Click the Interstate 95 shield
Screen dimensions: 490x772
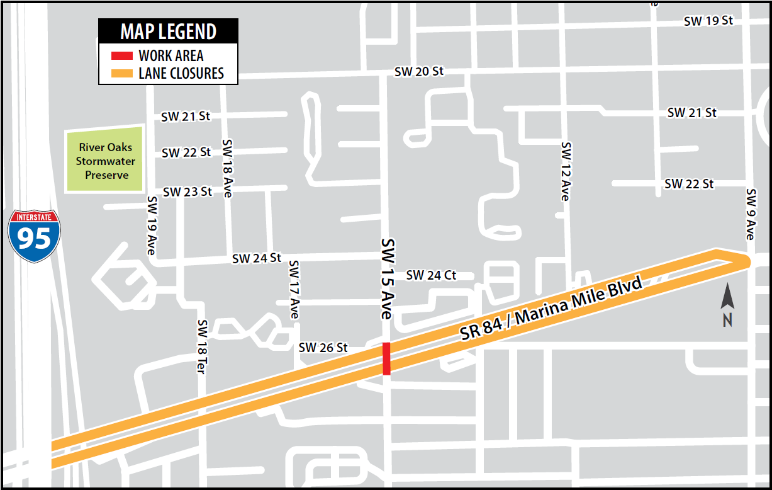click(x=35, y=236)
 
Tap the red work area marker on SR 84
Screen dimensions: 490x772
click(x=386, y=358)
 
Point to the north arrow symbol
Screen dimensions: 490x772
click(x=727, y=305)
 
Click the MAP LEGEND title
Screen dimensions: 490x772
click(x=168, y=31)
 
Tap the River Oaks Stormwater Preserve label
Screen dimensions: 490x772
click(x=106, y=161)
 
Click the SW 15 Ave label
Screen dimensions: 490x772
click(x=387, y=279)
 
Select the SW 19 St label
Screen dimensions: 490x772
click(x=708, y=21)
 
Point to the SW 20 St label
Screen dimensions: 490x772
click(x=418, y=71)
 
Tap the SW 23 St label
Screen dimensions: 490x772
click(x=187, y=191)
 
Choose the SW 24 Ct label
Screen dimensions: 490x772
click(x=431, y=275)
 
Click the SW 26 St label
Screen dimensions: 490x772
click(x=323, y=347)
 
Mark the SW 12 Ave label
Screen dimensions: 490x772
click(x=566, y=171)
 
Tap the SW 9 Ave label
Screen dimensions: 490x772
click(x=750, y=214)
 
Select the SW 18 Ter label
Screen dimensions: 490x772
click(x=201, y=347)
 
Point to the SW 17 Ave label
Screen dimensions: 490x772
click(x=294, y=289)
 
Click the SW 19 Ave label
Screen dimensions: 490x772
click(x=151, y=225)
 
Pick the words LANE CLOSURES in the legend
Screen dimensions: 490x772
click(x=181, y=73)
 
